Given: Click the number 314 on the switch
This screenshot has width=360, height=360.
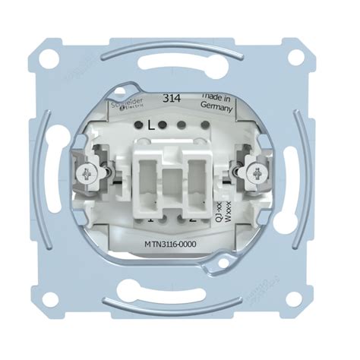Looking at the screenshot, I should (x=172, y=98).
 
